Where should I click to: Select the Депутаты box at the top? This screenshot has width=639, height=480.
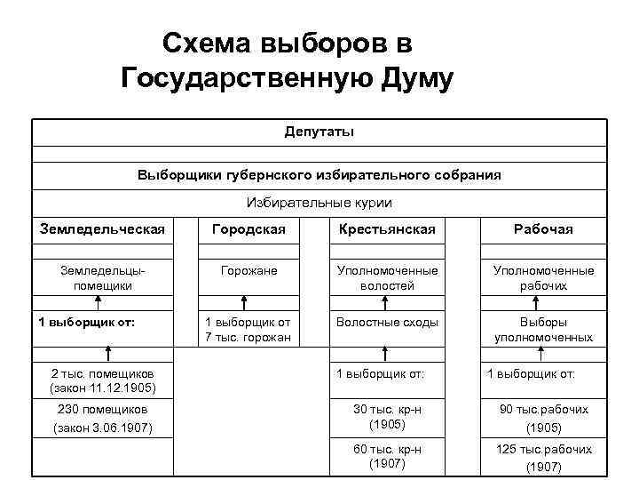pyautogui.click(x=319, y=132)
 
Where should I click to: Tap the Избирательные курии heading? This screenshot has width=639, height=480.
pyautogui.click(x=319, y=203)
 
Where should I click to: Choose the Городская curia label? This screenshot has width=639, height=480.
pyautogui.click(x=248, y=229)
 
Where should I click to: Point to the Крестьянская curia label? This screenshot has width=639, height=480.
pyautogui.click(x=387, y=229)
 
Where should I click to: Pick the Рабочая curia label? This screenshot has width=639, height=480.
pyautogui.click(x=543, y=229)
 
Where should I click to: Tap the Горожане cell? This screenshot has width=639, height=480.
pyautogui.click(x=248, y=270)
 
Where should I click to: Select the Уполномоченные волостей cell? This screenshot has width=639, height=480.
pyautogui.click(x=387, y=278)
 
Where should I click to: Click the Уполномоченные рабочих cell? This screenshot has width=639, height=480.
pyautogui.click(x=543, y=278)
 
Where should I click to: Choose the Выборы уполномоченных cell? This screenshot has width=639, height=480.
pyautogui.click(x=543, y=330)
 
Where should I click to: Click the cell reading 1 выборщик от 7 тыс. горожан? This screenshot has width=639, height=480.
pyautogui.click(x=248, y=330)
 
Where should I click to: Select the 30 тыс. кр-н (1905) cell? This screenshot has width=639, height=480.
pyautogui.click(x=387, y=418)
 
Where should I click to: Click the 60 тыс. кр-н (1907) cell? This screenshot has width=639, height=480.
pyautogui.click(x=387, y=457)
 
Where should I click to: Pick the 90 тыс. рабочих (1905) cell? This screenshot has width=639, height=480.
pyautogui.click(x=543, y=418)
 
